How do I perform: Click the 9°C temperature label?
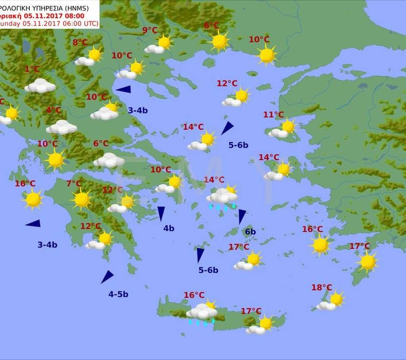pos(150,31)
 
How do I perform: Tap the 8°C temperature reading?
pos(80,43)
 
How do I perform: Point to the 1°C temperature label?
pos(32,69)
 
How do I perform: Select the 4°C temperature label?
pos(53,110)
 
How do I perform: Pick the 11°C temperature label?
pos(273,115)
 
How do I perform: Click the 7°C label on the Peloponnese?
pos(74,184)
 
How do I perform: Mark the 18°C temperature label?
pos(321,288)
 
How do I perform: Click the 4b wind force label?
pos(169,228)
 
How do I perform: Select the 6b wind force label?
pos(250,232)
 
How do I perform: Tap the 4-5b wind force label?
pos(118,294)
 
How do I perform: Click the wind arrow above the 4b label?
pos(161,213)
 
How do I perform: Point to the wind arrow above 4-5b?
pos(107,277)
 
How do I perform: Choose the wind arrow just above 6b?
pos(242,216)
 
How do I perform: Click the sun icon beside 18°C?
pos(336,299)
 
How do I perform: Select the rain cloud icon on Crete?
pos(202,313)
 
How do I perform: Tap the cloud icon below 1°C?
pos(40,86)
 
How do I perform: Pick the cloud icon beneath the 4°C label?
pos(61,127)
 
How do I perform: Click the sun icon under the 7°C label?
pos(82,200)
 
